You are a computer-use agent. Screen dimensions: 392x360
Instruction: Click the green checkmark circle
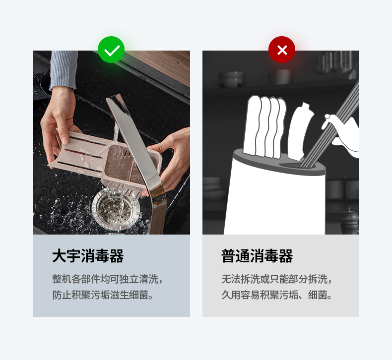(111, 50)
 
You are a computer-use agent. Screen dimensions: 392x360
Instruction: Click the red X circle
(282, 50)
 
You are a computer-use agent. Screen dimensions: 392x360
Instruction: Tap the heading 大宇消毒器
(88, 256)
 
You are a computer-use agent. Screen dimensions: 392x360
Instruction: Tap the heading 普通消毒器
(257, 256)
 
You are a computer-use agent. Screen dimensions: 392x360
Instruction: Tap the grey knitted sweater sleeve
(64, 69)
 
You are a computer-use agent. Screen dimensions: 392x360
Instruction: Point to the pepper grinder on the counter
(349, 221)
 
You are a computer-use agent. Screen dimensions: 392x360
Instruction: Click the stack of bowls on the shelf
(231, 79)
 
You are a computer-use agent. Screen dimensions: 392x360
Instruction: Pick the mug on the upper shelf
(280, 77)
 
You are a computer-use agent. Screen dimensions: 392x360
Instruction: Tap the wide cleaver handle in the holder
(300, 131)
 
